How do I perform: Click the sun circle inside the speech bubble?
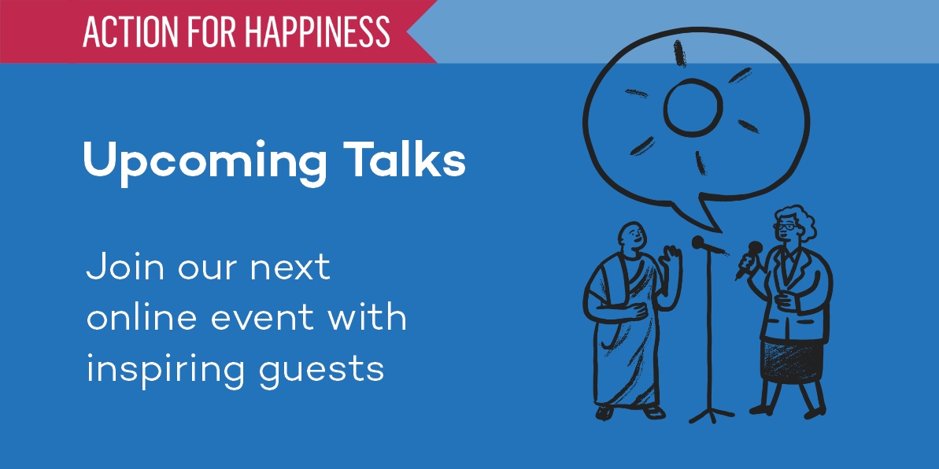pos(693,109)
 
